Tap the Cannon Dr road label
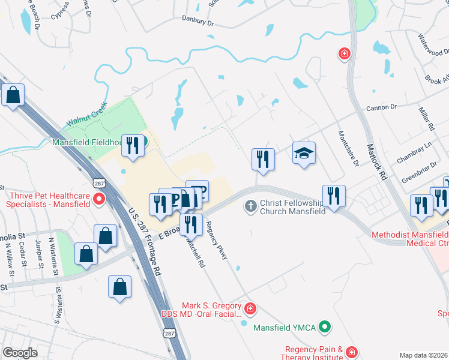pos(382,108)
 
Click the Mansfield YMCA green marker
pos(325,327)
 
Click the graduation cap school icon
pos(304,154)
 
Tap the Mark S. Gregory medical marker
pos(250,310)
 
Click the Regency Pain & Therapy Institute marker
pos(351,352)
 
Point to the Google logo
pos(20,353)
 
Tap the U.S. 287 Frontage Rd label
pos(146,243)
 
